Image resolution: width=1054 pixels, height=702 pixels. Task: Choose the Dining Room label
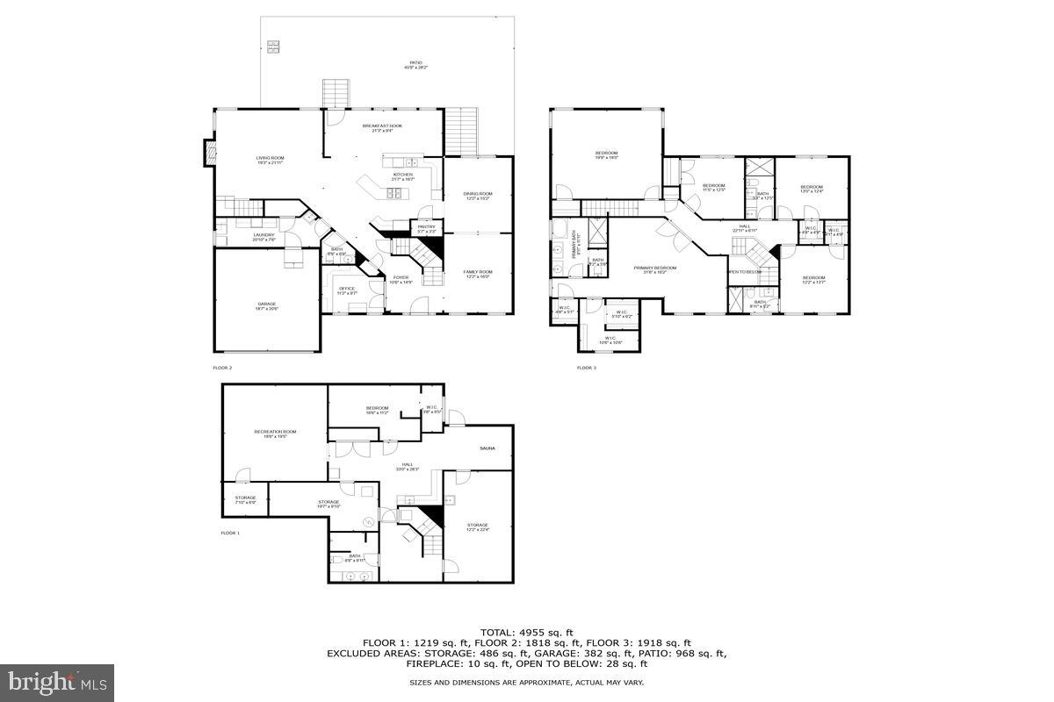(x=478, y=195)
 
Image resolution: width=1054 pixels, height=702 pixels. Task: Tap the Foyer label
(x=401, y=279)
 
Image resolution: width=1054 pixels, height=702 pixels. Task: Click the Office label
(x=347, y=290)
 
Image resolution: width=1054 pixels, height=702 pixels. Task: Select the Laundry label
(x=263, y=236)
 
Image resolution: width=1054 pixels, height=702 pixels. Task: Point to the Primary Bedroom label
(x=655, y=269)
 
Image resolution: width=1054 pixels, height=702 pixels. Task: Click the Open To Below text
(x=744, y=272)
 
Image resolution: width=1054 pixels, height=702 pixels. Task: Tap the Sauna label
(x=487, y=448)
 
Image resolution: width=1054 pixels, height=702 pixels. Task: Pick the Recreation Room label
(x=275, y=433)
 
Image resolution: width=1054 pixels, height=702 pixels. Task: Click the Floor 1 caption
(x=230, y=533)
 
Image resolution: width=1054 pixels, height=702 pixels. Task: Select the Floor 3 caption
(x=586, y=368)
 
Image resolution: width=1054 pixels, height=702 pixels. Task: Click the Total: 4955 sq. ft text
(x=526, y=632)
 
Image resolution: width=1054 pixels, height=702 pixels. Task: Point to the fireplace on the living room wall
(x=209, y=153)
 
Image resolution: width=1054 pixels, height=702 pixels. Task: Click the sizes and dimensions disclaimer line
(x=526, y=682)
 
